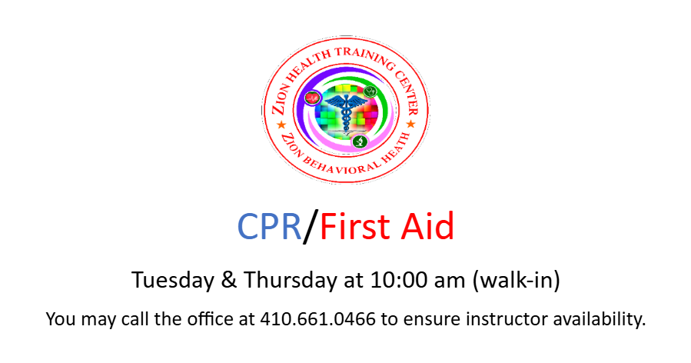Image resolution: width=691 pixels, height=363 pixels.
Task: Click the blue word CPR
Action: pos(269,226)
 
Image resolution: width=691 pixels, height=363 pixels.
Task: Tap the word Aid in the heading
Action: pos(427,226)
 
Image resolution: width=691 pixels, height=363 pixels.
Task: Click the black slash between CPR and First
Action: pos(311,227)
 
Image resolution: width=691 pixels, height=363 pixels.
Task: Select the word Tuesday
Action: pos(173,280)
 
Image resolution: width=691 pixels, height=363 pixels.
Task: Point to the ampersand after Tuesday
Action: pos(229,280)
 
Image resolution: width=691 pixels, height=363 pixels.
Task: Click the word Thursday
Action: pos(290,280)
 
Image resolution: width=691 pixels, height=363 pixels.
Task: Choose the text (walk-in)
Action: pos(516,281)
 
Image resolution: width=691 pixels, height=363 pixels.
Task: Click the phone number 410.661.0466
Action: pos(317,319)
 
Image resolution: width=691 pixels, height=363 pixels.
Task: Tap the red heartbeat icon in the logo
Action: pos(312,98)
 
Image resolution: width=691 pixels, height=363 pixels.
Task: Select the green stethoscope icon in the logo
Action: pos(370,92)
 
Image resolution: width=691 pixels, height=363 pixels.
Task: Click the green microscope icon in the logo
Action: pos(360,142)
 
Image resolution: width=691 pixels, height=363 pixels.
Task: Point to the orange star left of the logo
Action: pos(281,125)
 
